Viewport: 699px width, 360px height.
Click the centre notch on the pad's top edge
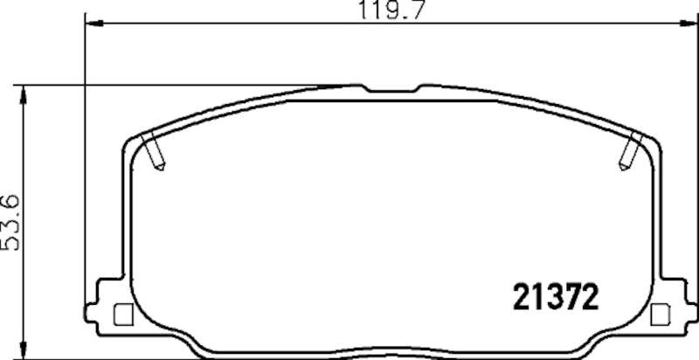(391, 89)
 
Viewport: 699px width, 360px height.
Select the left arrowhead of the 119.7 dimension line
(91, 24)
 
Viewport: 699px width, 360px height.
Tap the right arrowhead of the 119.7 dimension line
(689, 24)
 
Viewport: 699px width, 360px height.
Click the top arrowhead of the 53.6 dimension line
(24, 90)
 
